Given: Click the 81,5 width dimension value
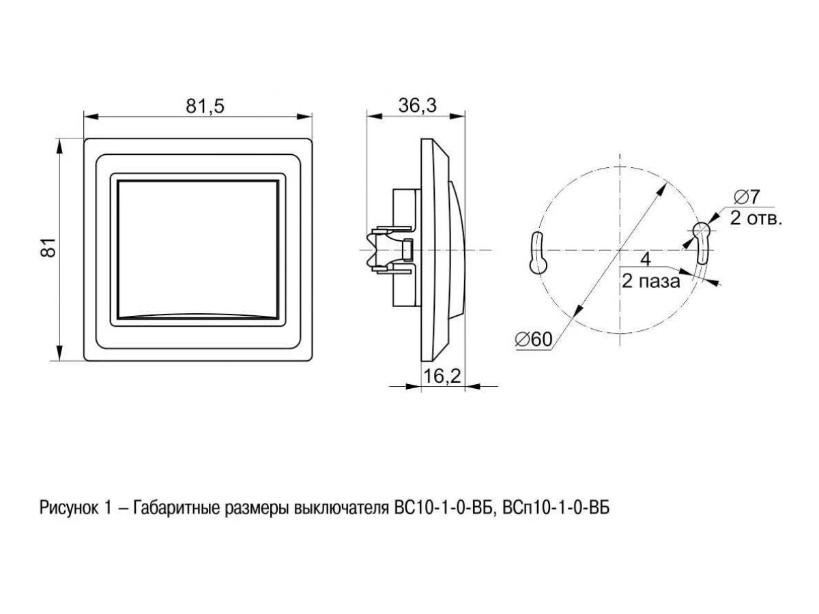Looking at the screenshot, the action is pos(205,106).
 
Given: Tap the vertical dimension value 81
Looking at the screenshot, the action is pos(48,247).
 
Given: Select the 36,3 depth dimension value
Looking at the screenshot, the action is pos(417,106).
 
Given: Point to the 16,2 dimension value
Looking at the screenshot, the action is pos(442,376).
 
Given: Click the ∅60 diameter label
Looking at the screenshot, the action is pos(534,339).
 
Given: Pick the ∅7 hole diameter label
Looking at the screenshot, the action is pos(747,197).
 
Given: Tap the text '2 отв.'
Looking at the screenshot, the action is pos(756,218).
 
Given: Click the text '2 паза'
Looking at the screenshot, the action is pos(650,282).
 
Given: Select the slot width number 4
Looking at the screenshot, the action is pos(646,259).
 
